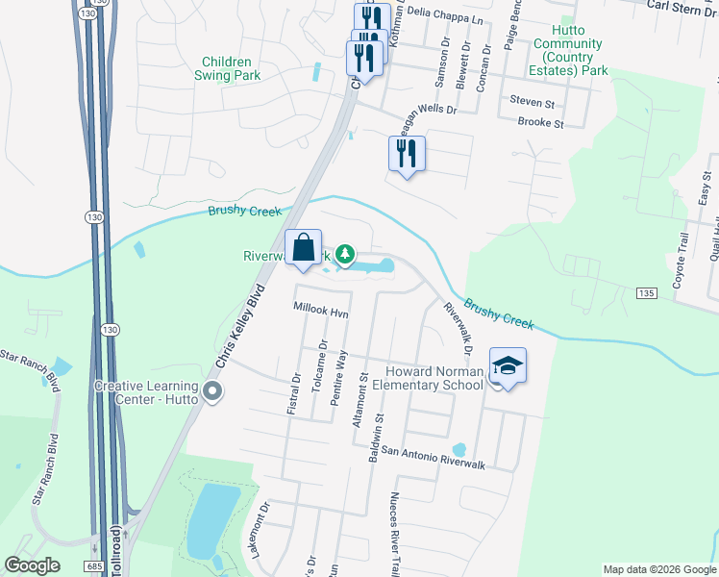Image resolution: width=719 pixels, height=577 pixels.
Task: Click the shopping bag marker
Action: tap(303, 248)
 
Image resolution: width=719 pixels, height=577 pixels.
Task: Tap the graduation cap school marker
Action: tap(508, 366)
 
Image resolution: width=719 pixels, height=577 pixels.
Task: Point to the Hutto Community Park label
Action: tap(568, 57)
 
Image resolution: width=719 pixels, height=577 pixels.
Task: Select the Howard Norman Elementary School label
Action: tap(434, 378)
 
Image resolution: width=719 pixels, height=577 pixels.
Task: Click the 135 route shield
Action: tap(646, 291)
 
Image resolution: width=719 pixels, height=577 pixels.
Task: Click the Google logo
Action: tap(32, 565)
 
